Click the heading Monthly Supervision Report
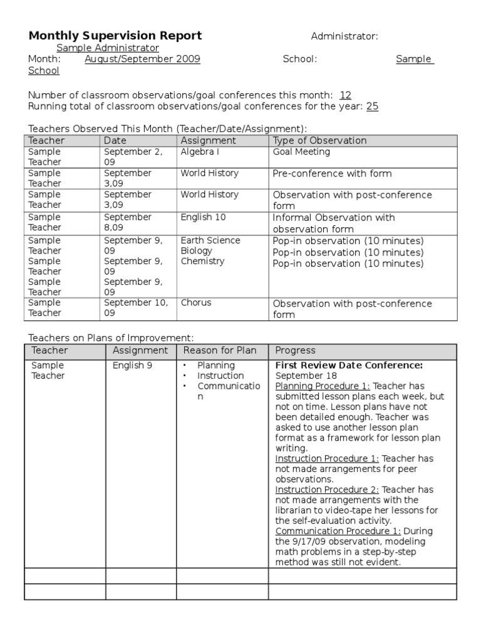point(115,36)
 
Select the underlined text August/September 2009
point(142,59)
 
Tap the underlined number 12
point(345,95)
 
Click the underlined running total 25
point(372,106)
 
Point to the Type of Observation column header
point(319,141)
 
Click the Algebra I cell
point(199,152)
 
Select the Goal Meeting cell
point(301,152)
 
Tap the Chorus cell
point(196,303)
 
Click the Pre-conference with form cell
point(332,173)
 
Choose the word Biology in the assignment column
point(197,251)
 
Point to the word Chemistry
point(202,262)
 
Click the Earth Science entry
point(210,240)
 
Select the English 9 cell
point(132,366)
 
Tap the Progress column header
point(296,351)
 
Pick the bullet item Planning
point(216,366)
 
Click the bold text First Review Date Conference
point(349,365)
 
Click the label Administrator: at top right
point(344,36)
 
